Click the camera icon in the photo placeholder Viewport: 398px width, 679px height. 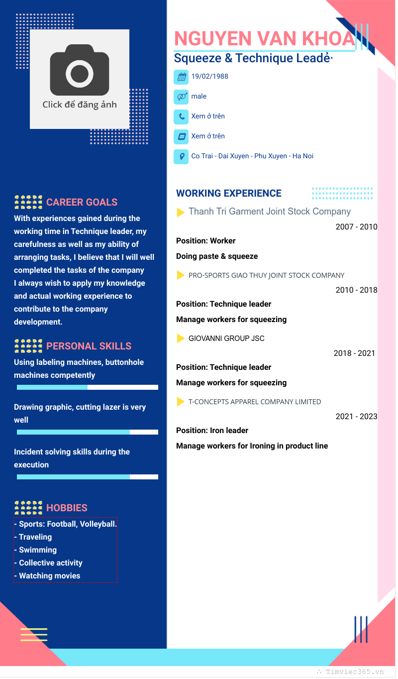point(80,70)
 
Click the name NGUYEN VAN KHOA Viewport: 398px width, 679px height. point(264,39)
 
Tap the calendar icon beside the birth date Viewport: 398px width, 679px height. point(181,77)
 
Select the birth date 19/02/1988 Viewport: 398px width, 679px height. point(209,77)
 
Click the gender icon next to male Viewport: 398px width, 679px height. point(181,97)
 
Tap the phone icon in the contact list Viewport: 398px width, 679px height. point(181,117)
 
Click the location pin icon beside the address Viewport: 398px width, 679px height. point(181,157)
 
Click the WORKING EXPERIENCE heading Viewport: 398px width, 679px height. point(229,194)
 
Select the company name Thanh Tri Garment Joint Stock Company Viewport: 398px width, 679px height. point(270,212)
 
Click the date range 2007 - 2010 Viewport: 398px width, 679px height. point(356,227)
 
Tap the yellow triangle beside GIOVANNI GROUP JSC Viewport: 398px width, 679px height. point(181,339)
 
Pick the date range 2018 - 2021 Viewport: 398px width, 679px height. point(354,353)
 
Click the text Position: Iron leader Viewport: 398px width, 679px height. point(212,431)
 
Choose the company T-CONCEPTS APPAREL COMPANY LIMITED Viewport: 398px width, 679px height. point(255,402)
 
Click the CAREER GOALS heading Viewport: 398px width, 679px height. point(82,203)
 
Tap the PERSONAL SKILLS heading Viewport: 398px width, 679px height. point(89,346)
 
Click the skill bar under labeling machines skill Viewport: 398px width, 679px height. point(88,387)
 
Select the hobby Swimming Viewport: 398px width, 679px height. point(37,550)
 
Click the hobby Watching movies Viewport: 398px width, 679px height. point(49,576)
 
